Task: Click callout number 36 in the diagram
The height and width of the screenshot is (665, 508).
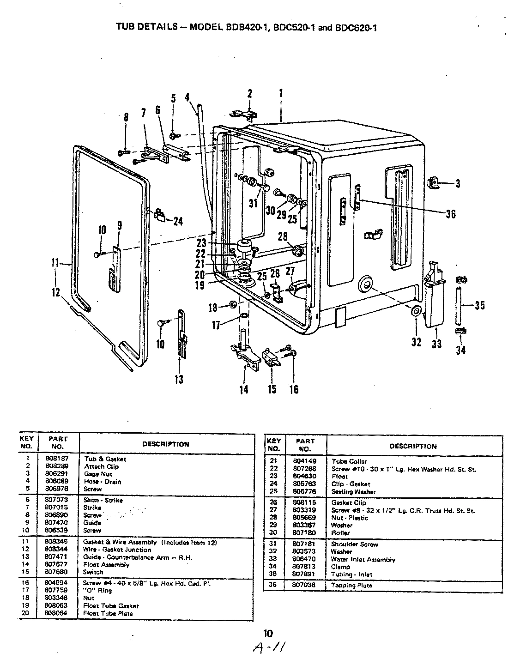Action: pyautogui.click(x=450, y=214)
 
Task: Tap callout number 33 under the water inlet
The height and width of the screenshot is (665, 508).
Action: pyautogui.click(x=437, y=344)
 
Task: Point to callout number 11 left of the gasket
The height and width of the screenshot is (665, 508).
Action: pyautogui.click(x=55, y=263)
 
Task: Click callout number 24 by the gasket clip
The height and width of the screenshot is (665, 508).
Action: pyautogui.click(x=177, y=222)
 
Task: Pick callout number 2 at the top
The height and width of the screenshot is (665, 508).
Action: pyautogui.click(x=250, y=94)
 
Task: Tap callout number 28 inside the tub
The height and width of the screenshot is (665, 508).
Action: pyautogui.click(x=283, y=237)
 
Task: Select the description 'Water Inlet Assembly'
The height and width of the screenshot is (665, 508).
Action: pyautogui.click(x=363, y=559)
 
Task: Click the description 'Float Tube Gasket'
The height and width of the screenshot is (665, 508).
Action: pyautogui.click(x=111, y=605)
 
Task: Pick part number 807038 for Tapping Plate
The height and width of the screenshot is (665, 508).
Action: pyautogui.click(x=304, y=585)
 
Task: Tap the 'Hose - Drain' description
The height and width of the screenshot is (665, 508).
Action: pyautogui.click(x=103, y=482)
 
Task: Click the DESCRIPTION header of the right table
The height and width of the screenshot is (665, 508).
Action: pyautogui.click(x=413, y=446)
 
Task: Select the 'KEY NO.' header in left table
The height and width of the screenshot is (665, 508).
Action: pyautogui.click(x=26, y=442)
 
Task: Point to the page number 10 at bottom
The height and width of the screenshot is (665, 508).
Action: pyautogui.click(x=268, y=633)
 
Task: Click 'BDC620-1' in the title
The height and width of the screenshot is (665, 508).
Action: pyautogui.click(x=360, y=27)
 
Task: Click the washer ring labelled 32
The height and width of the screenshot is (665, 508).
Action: pyautogui.click(x=415, y=313)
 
